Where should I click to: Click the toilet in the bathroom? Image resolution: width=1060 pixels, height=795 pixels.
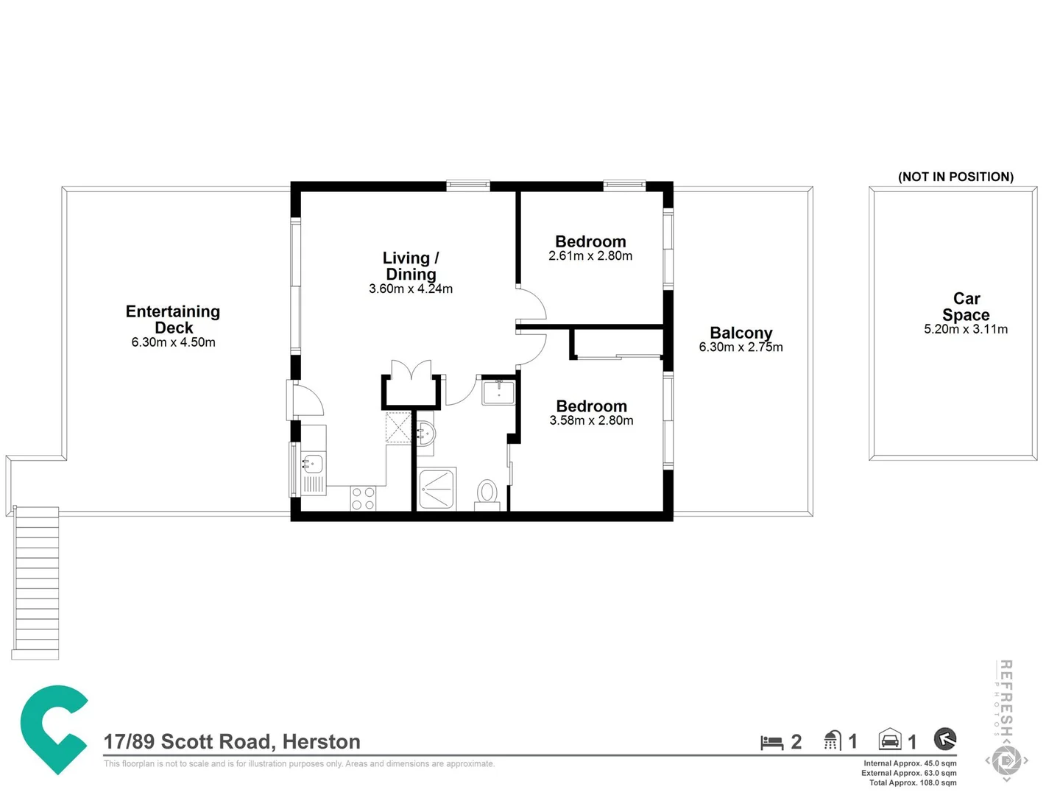click(487, 492)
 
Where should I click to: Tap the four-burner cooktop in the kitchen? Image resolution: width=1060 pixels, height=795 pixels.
click(363, 498)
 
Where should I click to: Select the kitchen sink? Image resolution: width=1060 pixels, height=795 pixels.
click(313, 464)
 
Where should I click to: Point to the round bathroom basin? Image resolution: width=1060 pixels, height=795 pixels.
click(425, 434)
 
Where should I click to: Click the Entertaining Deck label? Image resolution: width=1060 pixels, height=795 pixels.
click(173, 319)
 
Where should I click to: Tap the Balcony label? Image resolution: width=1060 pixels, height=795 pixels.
click(741, 333)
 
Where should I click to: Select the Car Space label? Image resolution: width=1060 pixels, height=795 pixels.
click(966, 307)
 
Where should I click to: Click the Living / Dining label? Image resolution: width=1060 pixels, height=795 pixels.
click(411, 266)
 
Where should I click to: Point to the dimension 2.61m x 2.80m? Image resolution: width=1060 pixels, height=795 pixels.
click(590, 256)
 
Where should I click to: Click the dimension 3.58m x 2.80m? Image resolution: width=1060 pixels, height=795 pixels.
click(591, 420)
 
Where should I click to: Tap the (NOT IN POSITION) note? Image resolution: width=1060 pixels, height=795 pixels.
click(955, 177)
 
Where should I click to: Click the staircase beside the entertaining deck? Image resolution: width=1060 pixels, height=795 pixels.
click(35, 582)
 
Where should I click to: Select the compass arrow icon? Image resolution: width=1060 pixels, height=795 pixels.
click(944, 738)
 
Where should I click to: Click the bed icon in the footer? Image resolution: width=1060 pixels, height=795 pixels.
click(771, 742)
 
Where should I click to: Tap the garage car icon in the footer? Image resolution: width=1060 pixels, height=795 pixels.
click(890, 739)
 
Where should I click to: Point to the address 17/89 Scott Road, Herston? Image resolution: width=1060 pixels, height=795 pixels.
click(232, 741)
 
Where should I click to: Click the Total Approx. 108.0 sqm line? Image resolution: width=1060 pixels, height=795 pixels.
click(913, 782)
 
